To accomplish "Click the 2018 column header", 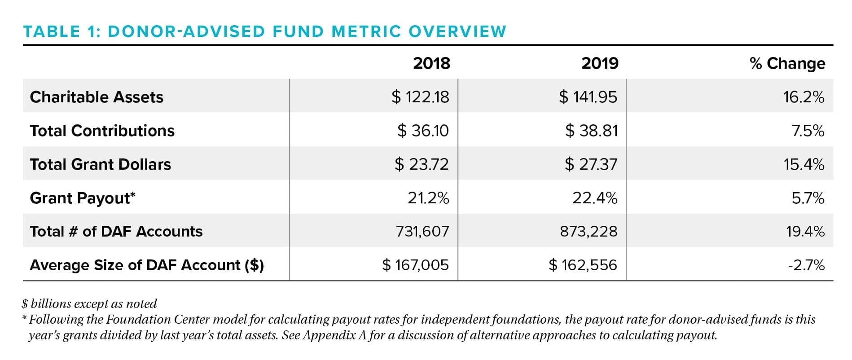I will pos(431,63).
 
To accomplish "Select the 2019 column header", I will pos(600,63).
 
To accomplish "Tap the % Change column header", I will pos(787,63).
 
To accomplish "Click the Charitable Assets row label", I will pos(97,97).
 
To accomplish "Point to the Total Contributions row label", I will pos(102,131).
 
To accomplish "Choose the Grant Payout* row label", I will pos(83,198).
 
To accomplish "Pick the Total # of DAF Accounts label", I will pos(116,232).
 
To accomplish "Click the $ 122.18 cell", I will pos(420,97).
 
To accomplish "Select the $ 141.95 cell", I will pos(588,97).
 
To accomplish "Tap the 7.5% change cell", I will pos(808,131).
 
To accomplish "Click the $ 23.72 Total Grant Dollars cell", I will pos(422,164).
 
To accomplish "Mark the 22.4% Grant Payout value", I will pos(595,198).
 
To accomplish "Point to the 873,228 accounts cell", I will pos(588,232).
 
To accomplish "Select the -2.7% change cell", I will pos(806,265).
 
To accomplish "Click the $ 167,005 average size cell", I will pos(415,265).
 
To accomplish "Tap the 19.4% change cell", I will pos(805,232).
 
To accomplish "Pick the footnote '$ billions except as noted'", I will pos(89,304).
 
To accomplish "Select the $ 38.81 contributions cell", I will pos(591,131).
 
